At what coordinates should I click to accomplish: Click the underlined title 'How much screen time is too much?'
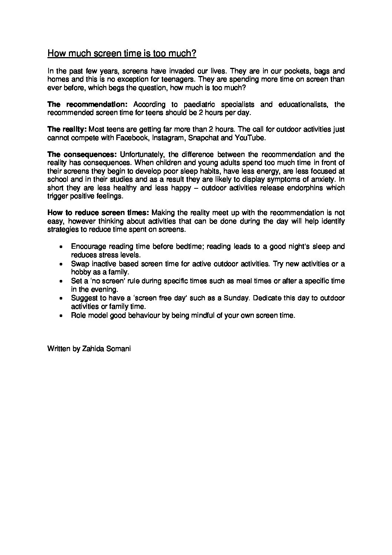coord(122,54)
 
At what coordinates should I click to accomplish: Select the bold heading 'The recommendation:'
coord(87,105)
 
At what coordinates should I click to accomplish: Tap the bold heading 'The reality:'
coord(67,129)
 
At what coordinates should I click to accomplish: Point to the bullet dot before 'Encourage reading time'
coord(61,247)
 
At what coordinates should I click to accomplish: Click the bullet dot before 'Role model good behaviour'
coord(61,316)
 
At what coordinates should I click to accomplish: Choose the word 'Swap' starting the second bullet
coord(79,264)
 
